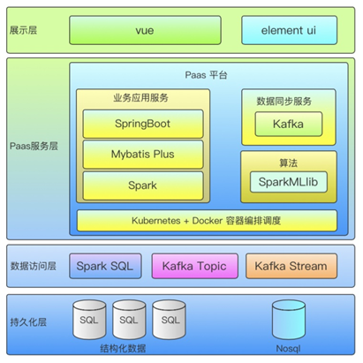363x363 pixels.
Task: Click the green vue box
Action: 145,30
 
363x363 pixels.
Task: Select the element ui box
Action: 289,30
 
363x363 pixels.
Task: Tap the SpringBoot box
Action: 143,124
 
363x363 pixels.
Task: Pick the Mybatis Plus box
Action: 143,155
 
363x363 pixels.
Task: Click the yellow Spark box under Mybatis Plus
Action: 143,185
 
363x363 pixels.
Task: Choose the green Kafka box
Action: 289,124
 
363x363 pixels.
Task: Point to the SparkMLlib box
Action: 289,182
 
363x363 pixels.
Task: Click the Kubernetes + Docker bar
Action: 207,221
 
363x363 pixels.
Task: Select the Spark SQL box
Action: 105,266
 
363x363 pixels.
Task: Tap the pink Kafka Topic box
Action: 194,266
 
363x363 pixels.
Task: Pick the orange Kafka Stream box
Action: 291,266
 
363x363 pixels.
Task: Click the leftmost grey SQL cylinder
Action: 89,320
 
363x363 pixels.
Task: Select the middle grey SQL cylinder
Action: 129,320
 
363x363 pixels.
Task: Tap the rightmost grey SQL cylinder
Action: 169,320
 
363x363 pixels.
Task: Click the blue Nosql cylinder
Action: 289,320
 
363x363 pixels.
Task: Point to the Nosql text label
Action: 288,349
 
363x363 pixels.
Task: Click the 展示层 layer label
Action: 23,30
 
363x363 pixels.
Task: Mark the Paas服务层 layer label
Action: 34,146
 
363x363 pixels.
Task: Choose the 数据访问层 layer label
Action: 33,266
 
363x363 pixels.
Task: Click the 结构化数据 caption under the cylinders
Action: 123,349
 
